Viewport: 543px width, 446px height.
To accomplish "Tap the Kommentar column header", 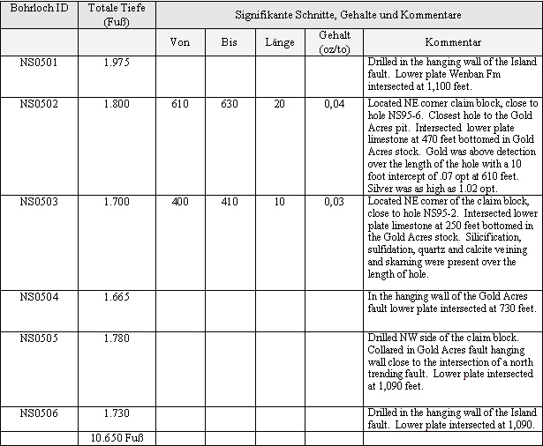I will coord(452,42).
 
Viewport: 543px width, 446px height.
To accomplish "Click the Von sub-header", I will coord(180,42).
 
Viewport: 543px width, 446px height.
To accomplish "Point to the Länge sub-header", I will coord(280,42).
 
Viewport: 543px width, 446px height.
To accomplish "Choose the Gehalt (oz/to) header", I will coord(334,41).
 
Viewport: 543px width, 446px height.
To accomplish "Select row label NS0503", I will coord(39,202).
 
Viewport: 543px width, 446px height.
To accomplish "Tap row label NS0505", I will coord(39,339).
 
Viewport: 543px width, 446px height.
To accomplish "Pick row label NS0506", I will coord(39,413).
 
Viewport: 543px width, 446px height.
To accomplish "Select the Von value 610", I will coord(180,105).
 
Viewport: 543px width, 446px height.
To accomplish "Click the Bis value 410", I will coord(230,202).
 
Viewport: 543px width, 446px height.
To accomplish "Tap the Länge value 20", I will coord(280,105).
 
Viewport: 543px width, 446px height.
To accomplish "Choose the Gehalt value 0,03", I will coord(334,202).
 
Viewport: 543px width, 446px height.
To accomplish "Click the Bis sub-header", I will coord(230,42).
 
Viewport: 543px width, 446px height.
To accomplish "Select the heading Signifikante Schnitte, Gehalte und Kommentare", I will coord(348,16).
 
